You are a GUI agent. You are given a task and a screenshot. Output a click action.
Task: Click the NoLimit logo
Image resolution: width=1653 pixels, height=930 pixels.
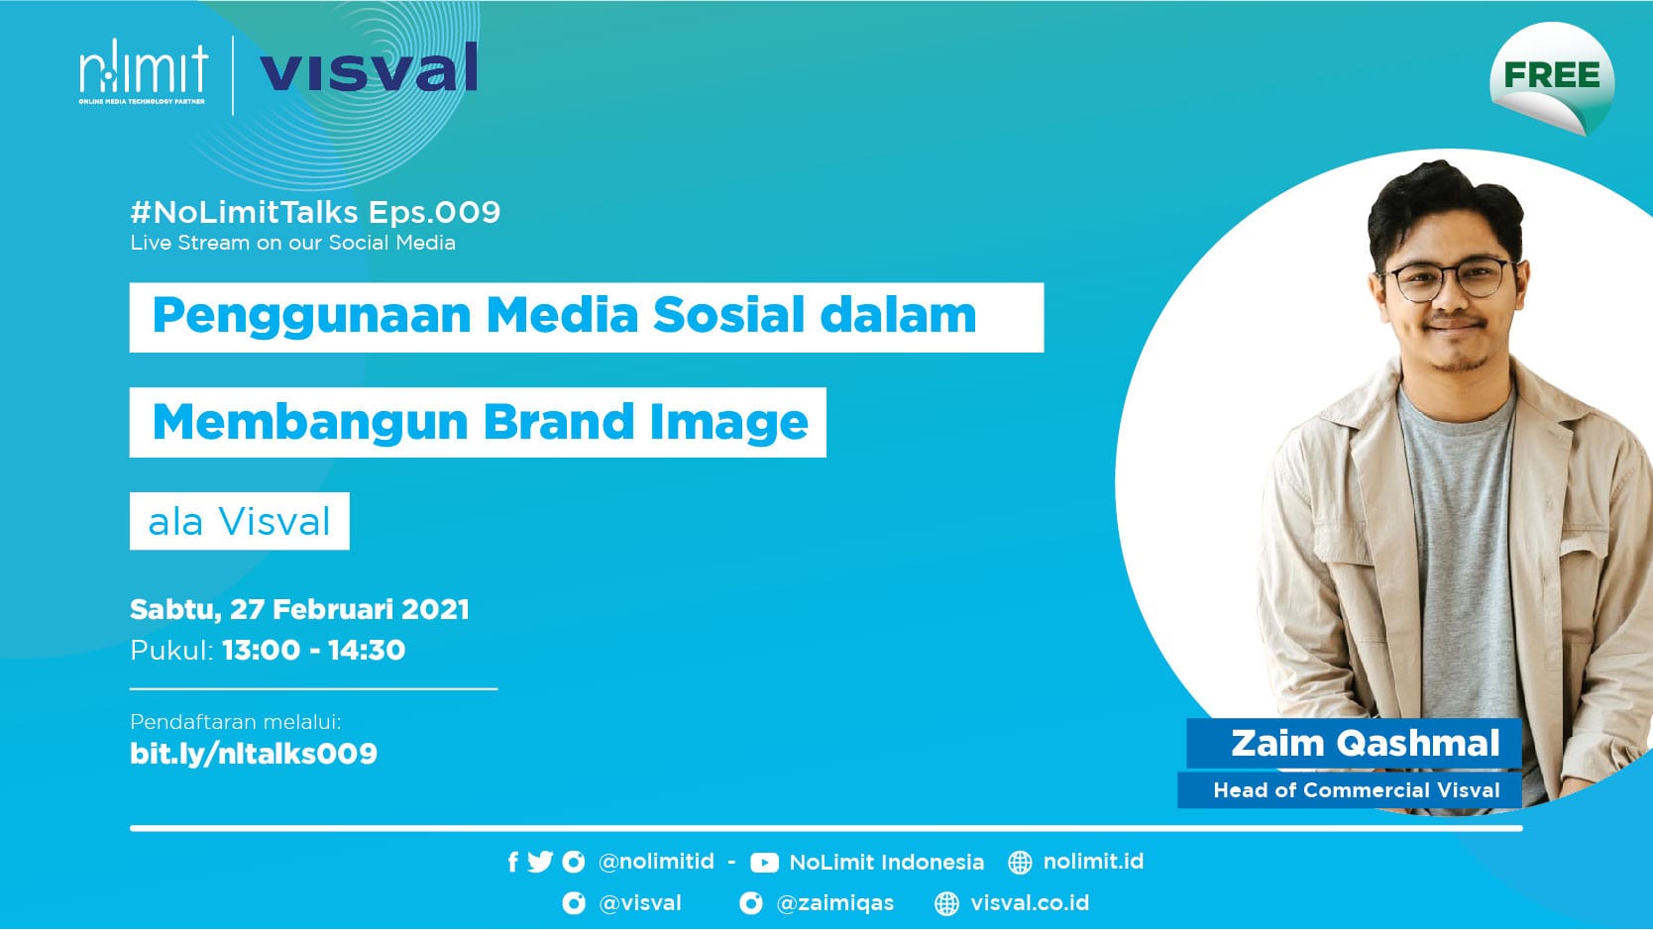tap(143, 71)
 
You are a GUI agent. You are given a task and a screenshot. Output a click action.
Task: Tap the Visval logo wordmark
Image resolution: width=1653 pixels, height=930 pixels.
tap(369, 67)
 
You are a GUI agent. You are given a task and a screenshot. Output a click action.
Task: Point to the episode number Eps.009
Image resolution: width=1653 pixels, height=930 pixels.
tap(435, 212)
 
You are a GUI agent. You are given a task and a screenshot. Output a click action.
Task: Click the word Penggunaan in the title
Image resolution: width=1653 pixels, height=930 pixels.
tap(311, 316)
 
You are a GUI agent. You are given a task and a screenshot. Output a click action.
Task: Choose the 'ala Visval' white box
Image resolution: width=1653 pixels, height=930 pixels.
tap(239, 521)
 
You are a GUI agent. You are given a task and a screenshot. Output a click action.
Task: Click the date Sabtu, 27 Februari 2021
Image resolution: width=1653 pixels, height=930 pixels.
tap(299, 609)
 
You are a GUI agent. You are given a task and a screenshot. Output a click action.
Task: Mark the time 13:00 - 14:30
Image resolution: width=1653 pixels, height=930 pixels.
tap(313, 651)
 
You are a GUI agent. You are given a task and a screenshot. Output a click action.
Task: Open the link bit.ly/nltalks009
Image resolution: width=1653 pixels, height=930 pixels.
tap(254, 754)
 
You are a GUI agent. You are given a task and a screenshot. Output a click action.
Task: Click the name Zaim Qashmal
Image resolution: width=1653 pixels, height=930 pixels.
tap(1366, 744)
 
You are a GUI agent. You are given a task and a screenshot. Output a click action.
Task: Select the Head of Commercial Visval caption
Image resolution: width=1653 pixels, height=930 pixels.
tap(1357, 790)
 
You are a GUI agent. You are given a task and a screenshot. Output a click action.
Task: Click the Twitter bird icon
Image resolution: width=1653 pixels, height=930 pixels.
tap(540, 862)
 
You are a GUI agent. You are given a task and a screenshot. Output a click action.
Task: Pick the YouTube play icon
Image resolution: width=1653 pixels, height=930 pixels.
tap(764, 863)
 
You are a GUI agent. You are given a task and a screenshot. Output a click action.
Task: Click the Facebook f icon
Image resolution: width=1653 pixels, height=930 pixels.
tap(513, 862)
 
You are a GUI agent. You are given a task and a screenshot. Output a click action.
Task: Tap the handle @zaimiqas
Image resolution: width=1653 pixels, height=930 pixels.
tap(835, 902)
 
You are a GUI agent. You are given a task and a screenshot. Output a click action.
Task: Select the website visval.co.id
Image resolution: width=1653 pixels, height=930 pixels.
tap(1030, 902)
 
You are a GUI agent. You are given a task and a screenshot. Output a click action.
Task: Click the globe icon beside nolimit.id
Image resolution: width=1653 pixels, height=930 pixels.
tap(1020, 862)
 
